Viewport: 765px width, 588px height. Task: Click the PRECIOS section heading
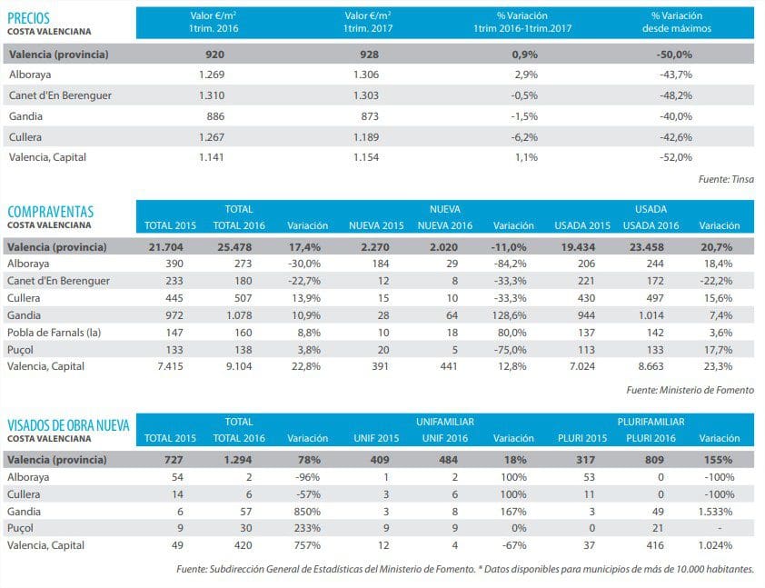tap(28, 17)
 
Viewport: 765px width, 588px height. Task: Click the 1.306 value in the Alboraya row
tap(368, 75)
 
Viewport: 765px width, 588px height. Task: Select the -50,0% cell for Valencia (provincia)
tap(675, 55)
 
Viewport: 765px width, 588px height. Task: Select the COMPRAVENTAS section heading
tap(50, 212)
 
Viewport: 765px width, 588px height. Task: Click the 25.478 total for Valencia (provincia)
tap(233, 247)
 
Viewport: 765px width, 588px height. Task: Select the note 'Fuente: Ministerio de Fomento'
tap(690, 391)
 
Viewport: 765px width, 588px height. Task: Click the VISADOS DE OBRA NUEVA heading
tap(68, 425)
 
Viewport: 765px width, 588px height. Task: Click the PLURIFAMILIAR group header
tap(651, 422)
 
